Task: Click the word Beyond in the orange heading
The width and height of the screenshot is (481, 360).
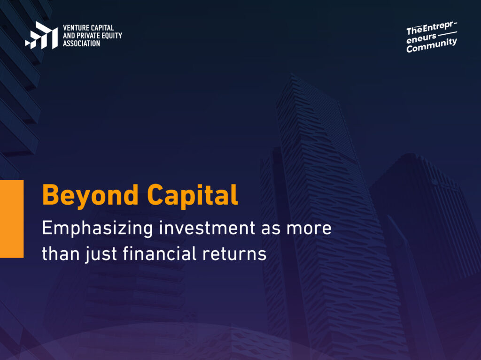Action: pos(90,196)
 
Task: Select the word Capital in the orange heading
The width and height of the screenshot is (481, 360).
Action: pos(193,195)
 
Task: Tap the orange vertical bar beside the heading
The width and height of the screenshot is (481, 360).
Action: pos(12,219)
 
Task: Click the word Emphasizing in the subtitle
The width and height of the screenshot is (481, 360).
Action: pos(97,229)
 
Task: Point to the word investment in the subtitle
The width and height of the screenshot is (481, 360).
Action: pos(207,228)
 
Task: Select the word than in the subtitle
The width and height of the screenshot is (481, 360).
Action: pos(61,254)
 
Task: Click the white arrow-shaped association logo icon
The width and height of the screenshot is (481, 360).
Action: pos(41,35)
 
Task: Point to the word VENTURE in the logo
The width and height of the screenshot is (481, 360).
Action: pos(76,28)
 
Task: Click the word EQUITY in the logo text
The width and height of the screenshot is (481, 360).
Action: pos(112,36)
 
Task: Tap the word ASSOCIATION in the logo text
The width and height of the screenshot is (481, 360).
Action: pos(82,44)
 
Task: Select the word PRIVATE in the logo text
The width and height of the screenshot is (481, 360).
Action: pos(89,36)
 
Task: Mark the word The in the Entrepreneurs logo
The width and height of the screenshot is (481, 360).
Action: pos(414,31)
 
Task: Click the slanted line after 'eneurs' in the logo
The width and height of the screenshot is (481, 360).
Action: pos(448,34)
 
